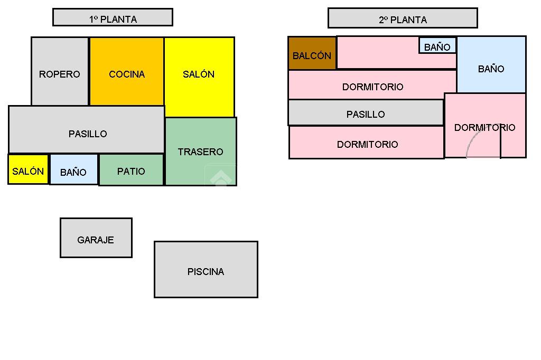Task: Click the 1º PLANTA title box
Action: tap(113, 17)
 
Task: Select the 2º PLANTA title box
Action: tap(403, 18)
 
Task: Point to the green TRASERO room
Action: tap(201, 151)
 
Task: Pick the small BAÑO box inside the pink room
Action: tap(437, 46)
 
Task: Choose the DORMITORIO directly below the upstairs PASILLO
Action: tap(367, 143)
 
